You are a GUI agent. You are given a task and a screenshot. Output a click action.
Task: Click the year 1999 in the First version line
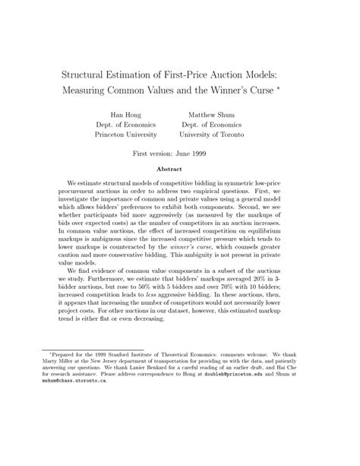coord(216,154)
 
